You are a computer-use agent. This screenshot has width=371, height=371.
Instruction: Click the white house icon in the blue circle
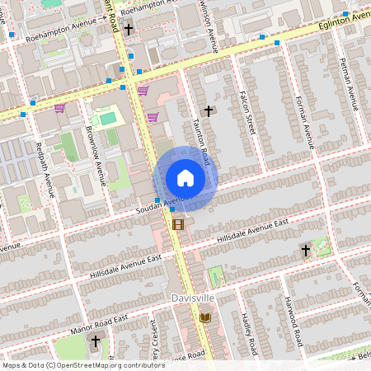coord(185,178)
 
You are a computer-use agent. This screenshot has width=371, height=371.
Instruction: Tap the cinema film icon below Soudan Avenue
coord(178,223)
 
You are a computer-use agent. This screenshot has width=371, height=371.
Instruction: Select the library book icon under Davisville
coord(204,317)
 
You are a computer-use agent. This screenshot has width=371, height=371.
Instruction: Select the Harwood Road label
coord(294,322)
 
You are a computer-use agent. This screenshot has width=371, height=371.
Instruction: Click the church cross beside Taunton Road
coord(209,110)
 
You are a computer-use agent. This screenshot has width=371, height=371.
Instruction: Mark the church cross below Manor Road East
coord(95,340)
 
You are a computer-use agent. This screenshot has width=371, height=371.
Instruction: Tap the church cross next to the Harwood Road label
coord(305,249)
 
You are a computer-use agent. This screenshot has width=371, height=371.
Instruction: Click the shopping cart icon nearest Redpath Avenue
coord(59,108)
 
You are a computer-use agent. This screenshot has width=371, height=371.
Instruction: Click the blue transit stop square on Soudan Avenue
coord(157,200)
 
